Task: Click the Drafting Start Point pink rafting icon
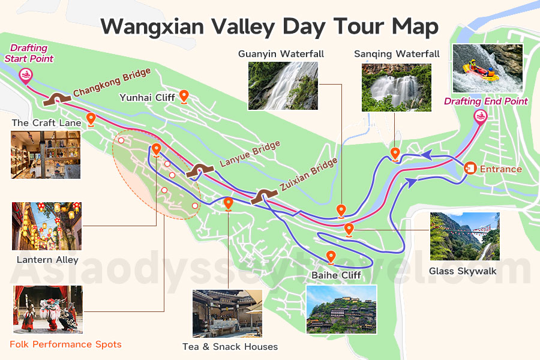(26, 75)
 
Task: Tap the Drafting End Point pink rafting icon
(480, 116)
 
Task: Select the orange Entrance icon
(470, 168)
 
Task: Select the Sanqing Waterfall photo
(397, 88)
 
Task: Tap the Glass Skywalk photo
(464, 236)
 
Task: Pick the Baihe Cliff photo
(341, 309)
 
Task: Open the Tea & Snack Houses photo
(227, 314)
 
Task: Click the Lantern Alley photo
(47, 226)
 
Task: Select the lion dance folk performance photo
(46, 310)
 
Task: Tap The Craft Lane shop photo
(46, 155)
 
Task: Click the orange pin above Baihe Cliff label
(331, 257)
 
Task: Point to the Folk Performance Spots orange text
(65, 344)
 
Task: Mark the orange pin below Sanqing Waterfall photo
(395, 154)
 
